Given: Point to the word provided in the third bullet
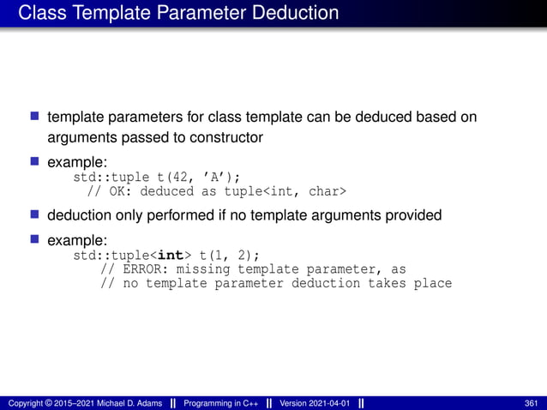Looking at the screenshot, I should pyautogui.click(x=408, y=215).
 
